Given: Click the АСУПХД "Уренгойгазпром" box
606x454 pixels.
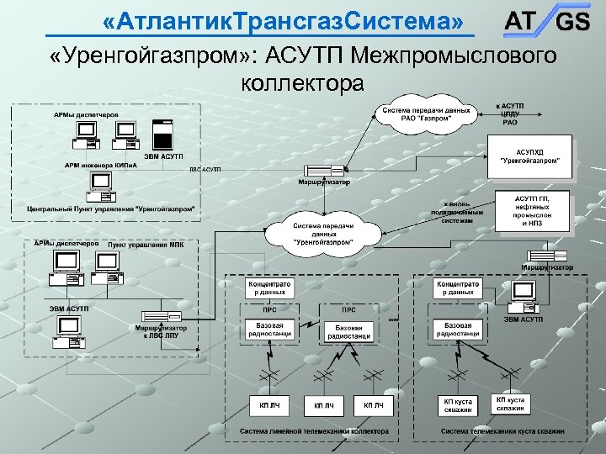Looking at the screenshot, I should click(534, 155).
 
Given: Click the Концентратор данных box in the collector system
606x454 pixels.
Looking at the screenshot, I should click(268, 288).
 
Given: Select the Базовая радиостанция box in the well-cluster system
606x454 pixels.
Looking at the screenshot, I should click(458, 330).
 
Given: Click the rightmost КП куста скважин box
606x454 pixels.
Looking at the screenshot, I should click(509, 404).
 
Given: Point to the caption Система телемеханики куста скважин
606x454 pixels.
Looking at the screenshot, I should click(502, 431).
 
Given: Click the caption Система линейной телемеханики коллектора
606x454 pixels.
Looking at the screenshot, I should click(314, 431).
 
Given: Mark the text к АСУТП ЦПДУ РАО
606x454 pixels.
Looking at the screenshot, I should click(510, 114).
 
